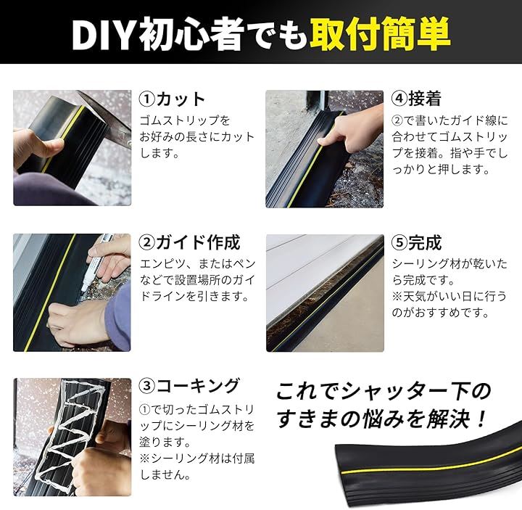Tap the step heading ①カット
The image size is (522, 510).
tap(172, 99)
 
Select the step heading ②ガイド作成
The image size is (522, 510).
tap(189, 242)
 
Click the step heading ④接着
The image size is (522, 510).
tap(416, 99)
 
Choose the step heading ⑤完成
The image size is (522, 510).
tap(416, 242)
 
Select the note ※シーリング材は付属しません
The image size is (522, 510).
tap(196, 466)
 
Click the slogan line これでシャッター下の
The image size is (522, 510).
tap(384, 391)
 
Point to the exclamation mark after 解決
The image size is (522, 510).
tap(480, 419)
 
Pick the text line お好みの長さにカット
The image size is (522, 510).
tap(196, 137)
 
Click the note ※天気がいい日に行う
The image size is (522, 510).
tap(449, 296)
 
